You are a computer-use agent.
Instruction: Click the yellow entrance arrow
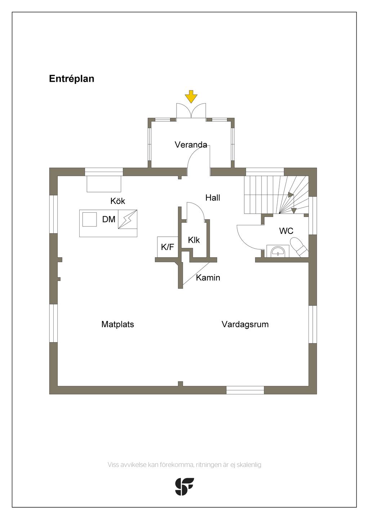click(191, 96)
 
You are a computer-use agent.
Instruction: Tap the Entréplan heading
click(71, 79)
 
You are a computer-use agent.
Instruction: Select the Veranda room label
click(191, 145)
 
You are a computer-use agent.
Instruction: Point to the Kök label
click(118, 201)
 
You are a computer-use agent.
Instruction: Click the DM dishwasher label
click(108, 219)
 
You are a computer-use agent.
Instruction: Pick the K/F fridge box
click(167, 247)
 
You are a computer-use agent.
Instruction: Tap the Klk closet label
click(194, 240)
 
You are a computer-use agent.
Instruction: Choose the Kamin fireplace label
click(208, 278)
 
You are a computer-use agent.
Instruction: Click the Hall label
click(213, 198)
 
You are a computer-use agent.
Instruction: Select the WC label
click(286, 231)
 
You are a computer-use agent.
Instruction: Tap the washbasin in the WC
click(277, 251)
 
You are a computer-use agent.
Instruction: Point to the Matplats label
click(117, 324)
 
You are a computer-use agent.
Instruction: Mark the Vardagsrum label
click(245, 324)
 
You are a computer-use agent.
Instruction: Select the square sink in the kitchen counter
click(89, 219)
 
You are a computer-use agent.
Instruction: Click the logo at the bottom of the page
click(184, 486)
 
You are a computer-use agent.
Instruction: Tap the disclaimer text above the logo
click(184, 465)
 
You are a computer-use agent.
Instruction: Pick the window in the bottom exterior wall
click(245, 390)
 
